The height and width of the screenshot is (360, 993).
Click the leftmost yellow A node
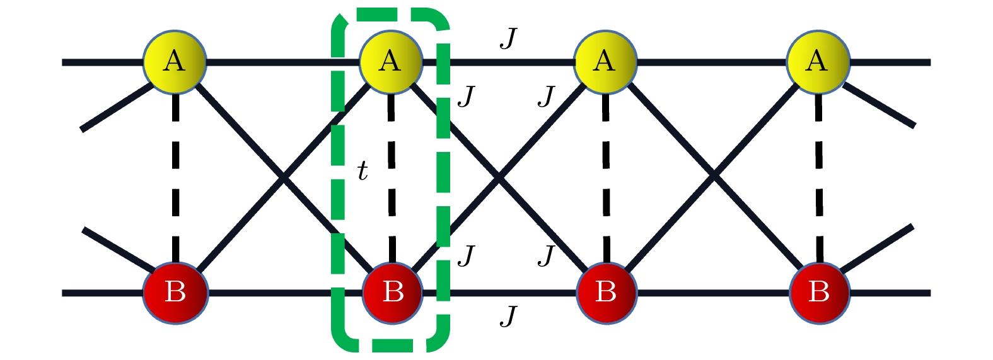tap(175, 61)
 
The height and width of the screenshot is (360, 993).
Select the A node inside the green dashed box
tap(390, 61)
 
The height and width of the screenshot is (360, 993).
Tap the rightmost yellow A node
tap(818, 61)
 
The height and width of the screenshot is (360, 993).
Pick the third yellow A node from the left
tap(605, 61)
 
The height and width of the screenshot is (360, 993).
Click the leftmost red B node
tap(175, 292)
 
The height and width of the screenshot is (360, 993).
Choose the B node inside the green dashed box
tap(392, 292)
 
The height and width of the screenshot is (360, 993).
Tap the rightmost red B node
tap(819, 292)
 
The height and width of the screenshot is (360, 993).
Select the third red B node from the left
tap(606, 292)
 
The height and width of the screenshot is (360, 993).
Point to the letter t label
tap(363, 171)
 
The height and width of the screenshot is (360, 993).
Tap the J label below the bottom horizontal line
tap(508, 315)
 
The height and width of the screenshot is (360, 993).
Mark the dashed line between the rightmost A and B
tap(819, 177)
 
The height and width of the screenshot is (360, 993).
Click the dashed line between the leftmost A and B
tap(175, 177)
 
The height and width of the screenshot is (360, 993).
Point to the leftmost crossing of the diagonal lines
tap(284, 178)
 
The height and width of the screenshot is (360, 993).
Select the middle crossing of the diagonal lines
tap(499, 178)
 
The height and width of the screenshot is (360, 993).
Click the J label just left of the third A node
tap(546, 96)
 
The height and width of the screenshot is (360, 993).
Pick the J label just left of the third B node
tap(546, 255)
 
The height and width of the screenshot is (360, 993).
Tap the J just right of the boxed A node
tap(466, 96)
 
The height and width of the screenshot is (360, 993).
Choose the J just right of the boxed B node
tap(466, 255)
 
